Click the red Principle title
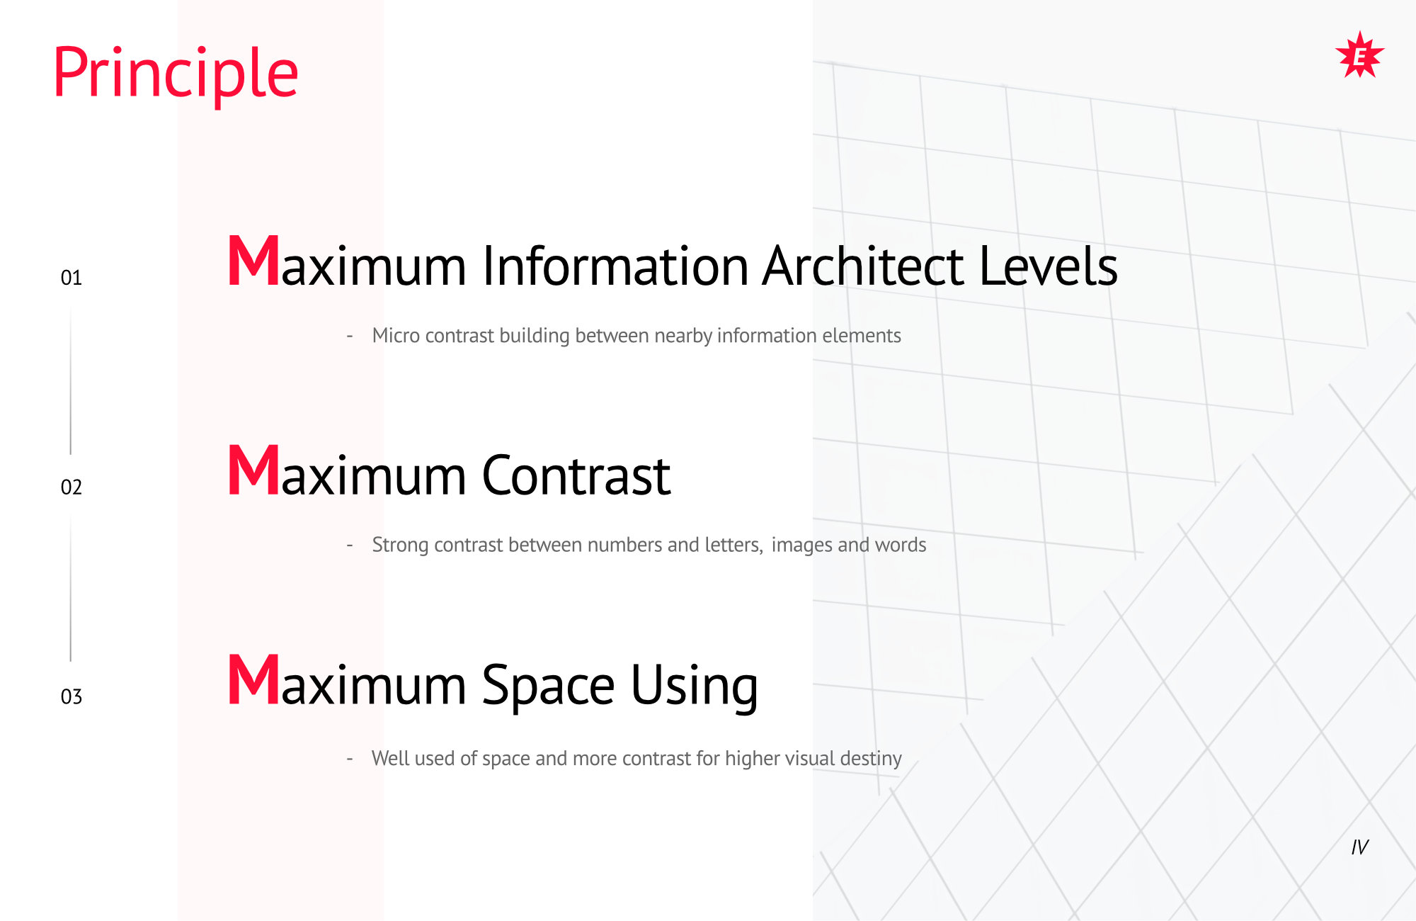point(176,74)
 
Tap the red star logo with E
point(1359,55)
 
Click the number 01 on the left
point(72,278)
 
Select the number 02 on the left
point(72,487)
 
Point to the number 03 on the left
point(72,697)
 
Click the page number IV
point(1360,847)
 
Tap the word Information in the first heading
point(615,266)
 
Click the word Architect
point(863,266)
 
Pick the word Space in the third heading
point(549,686)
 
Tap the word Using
point(695,686)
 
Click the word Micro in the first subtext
point(396,335)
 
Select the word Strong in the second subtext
point(400,545)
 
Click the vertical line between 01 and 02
point(71,380)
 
